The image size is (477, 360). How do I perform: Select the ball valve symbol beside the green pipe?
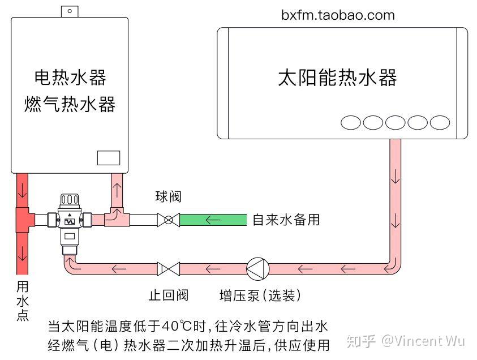[168, 220]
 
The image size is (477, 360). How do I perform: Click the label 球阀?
[168, 198]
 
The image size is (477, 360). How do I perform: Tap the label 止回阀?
[168, 295]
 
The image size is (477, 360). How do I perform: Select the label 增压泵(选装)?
[260, 295]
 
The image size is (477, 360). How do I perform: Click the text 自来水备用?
[286, 220]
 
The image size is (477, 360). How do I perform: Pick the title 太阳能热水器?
[337, 78]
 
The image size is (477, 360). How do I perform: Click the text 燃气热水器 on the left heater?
[70, 104]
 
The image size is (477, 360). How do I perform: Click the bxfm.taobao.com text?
[338, 15]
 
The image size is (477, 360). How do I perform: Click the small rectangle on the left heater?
[109, 158]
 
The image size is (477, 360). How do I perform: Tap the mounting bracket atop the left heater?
[69, 11]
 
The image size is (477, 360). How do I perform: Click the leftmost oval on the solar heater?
[350, 122]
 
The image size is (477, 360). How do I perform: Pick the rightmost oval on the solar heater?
[440, 122]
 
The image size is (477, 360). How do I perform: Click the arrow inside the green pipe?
[213, 220]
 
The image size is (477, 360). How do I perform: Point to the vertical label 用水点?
[23, 300]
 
